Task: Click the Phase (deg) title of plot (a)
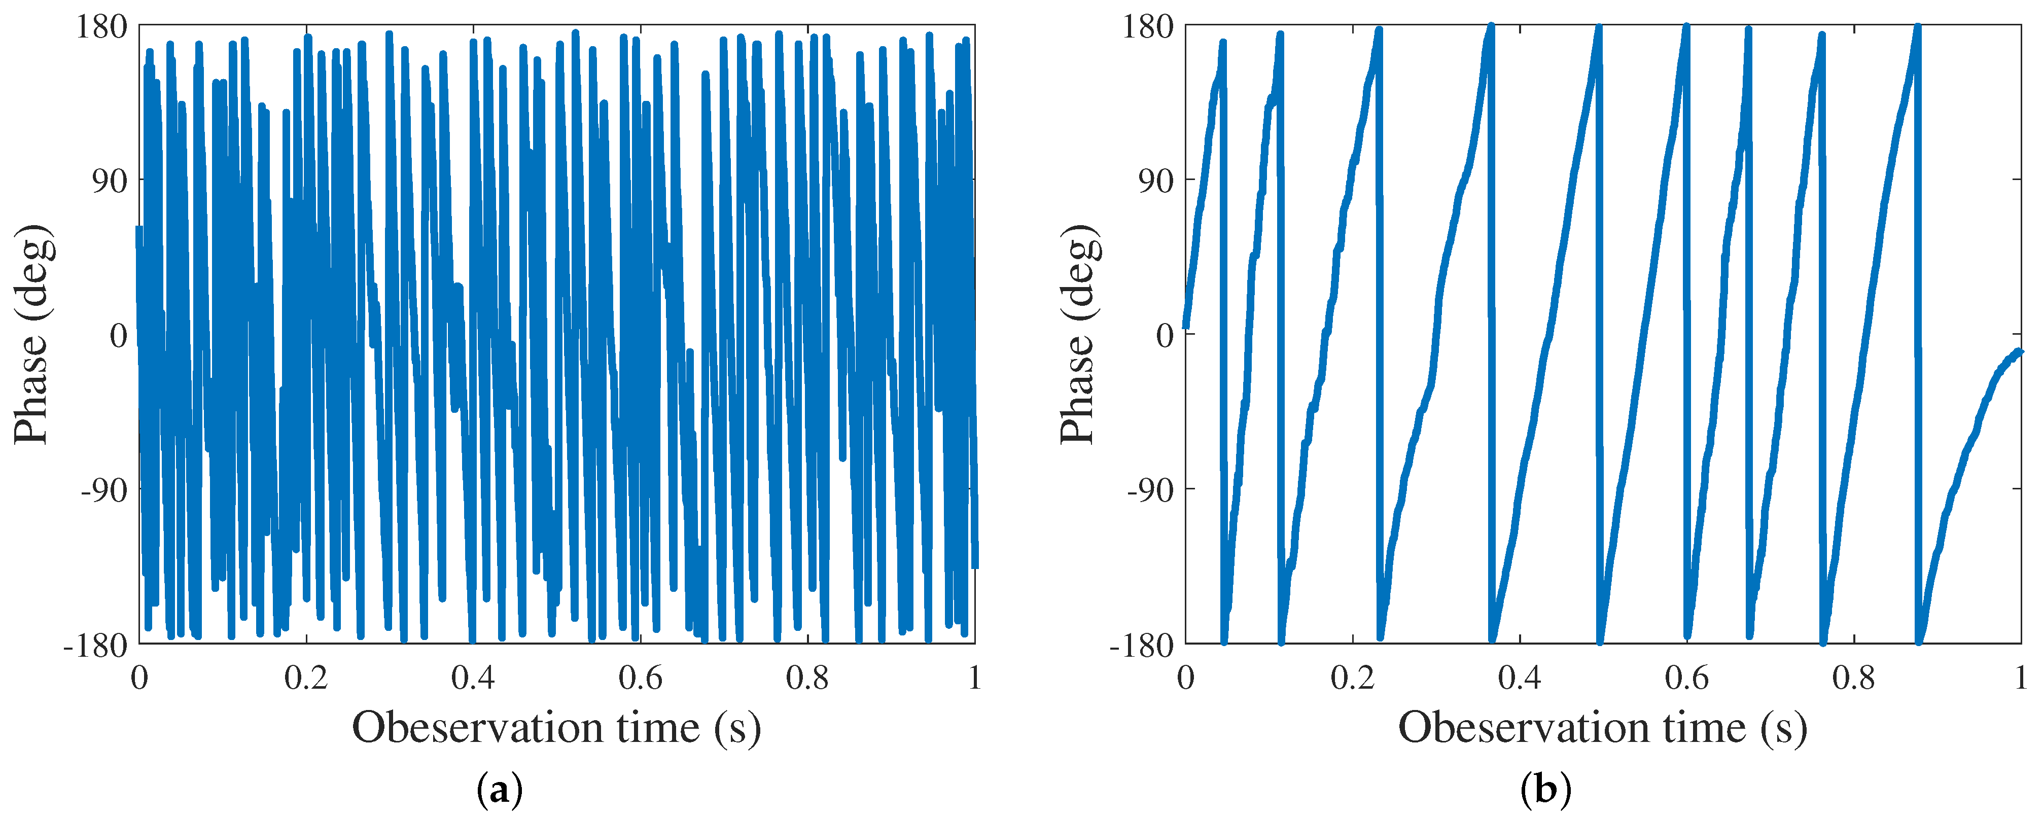coord(33,335)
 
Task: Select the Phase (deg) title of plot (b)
coord(1079,335)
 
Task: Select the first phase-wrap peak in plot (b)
coord(1223,43)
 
